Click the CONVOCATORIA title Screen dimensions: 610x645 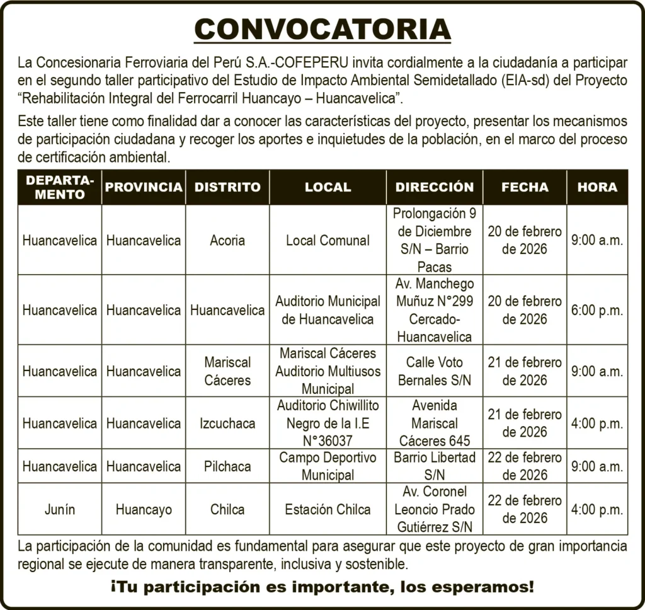click(322, 30)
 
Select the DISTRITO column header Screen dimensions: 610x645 click(227, 187)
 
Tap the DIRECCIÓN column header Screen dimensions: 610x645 click(435, 187)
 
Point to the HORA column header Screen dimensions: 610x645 click(597, 187)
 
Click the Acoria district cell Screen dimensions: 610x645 click(227, 241)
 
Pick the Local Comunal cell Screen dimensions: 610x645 click(328, 241)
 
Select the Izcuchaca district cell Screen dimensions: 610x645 click(227, 423)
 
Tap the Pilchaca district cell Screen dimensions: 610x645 click(227, 467)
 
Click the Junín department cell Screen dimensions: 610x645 click(60, 510)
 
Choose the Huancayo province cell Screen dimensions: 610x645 click(144, 510)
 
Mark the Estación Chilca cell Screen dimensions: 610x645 click(328, 510)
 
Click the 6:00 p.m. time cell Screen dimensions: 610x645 click(597, 311)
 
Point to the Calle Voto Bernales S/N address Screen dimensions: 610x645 click(435, 371)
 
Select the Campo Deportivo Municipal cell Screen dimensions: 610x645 click(328, 466)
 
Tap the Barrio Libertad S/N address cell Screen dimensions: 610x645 click(435, 466)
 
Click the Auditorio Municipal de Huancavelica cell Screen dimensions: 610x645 click(328, 310)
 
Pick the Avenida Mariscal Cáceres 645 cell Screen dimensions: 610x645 click(435, 423)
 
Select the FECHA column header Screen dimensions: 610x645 click(525, 187)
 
